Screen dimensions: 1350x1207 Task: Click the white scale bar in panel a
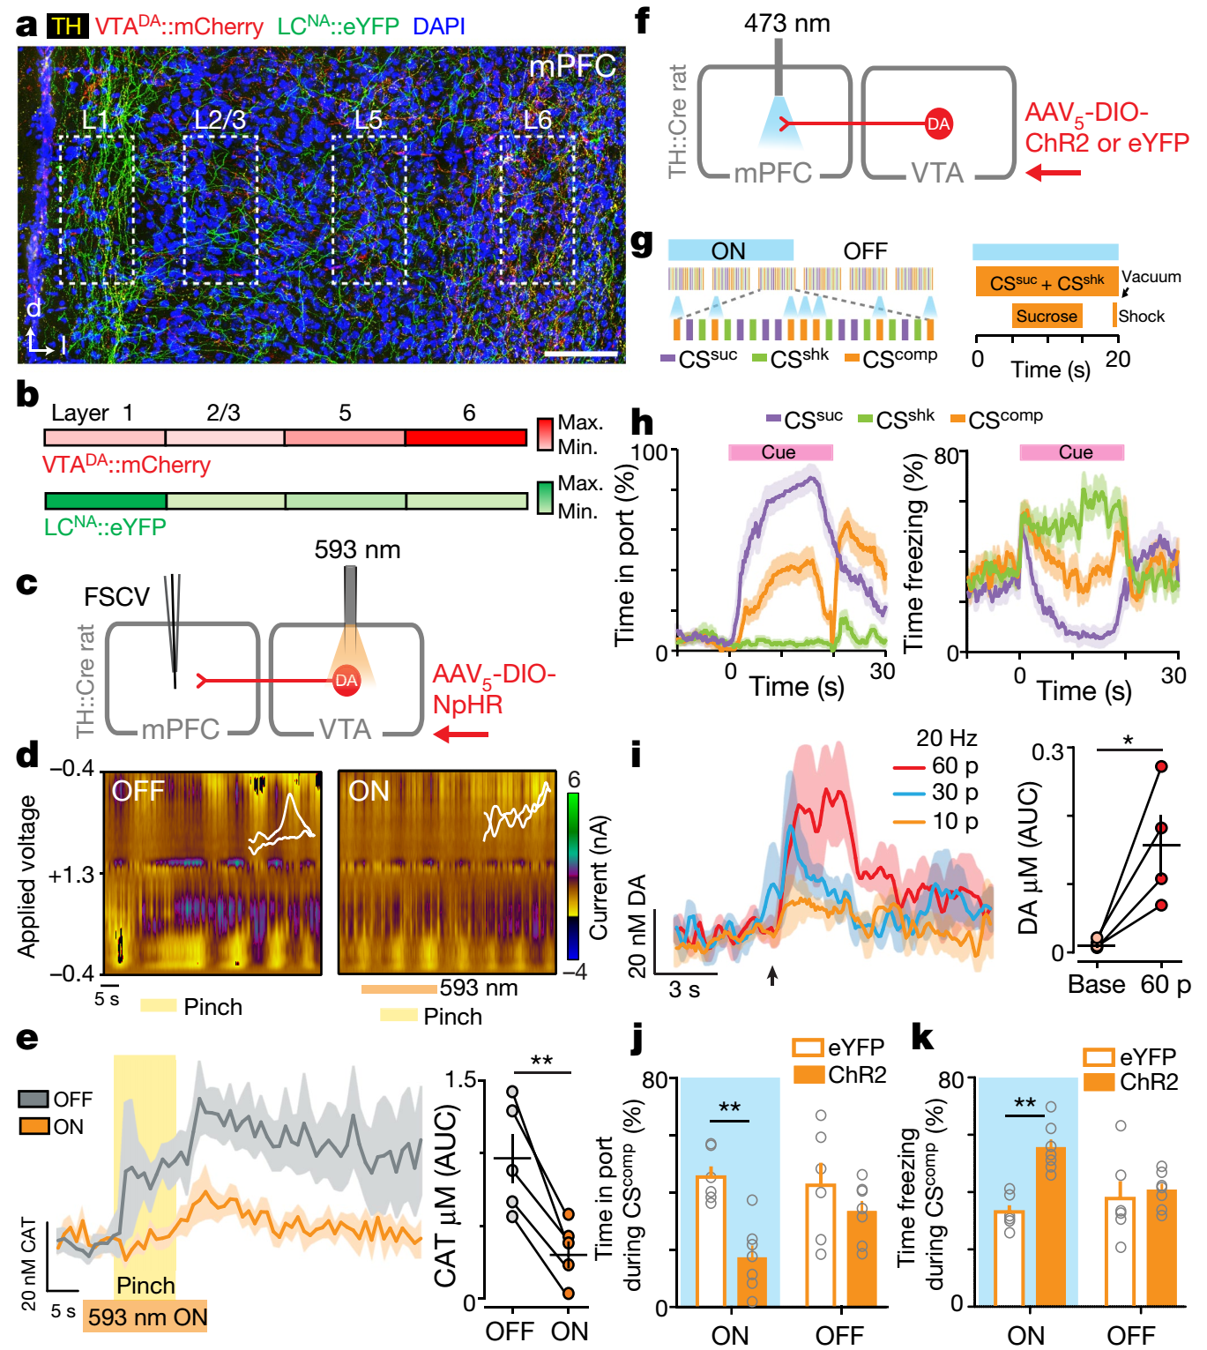click(x=581, y=354)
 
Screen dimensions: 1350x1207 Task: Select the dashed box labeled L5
click(x=369, y=210)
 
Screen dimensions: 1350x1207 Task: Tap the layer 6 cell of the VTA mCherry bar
click(x=466, y=437)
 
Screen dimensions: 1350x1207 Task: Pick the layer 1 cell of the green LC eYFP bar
click(x=105, y=501)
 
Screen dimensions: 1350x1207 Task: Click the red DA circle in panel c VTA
click(x=346, y=680)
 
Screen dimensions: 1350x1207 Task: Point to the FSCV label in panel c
click(x=116, y=597)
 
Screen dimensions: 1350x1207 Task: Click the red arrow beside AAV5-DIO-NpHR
click(x=461, y=735)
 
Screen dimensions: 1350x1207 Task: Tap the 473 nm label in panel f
click(x=786, y=23)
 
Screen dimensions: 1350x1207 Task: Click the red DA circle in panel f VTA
click(x=938, y=123)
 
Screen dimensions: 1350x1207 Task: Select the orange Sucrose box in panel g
click(x=1047, y=316)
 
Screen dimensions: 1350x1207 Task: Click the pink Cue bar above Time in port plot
click(x=779, y=452)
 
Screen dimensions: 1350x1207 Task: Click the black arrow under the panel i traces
click(x=772, y=974)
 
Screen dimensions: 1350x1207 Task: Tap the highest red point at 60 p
click(x=1161, y=766)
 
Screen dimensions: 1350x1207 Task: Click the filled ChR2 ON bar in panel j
click(x=752, y=1280)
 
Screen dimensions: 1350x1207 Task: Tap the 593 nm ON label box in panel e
click(x=145, y=1316)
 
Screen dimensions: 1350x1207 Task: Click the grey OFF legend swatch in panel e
click(x=34, y=1099)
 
